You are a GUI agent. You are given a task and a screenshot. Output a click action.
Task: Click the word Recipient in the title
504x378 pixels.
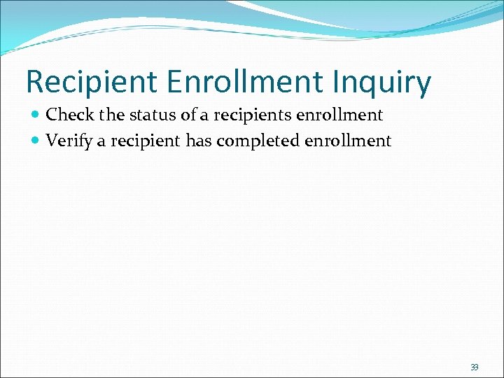click(x=91, y=83)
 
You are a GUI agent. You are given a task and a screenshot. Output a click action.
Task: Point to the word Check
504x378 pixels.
click(x=69, y=114)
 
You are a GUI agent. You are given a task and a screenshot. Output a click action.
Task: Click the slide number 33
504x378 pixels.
click(x=475, y=367)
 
